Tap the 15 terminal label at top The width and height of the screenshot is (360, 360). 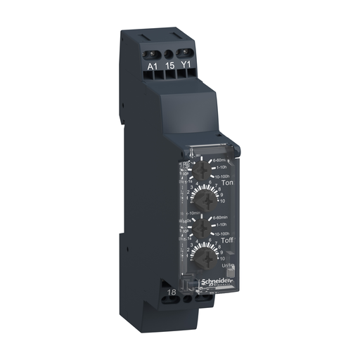point(169,67)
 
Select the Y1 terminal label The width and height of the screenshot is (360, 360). point(187,67)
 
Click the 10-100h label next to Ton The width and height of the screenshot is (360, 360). point(222,176)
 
